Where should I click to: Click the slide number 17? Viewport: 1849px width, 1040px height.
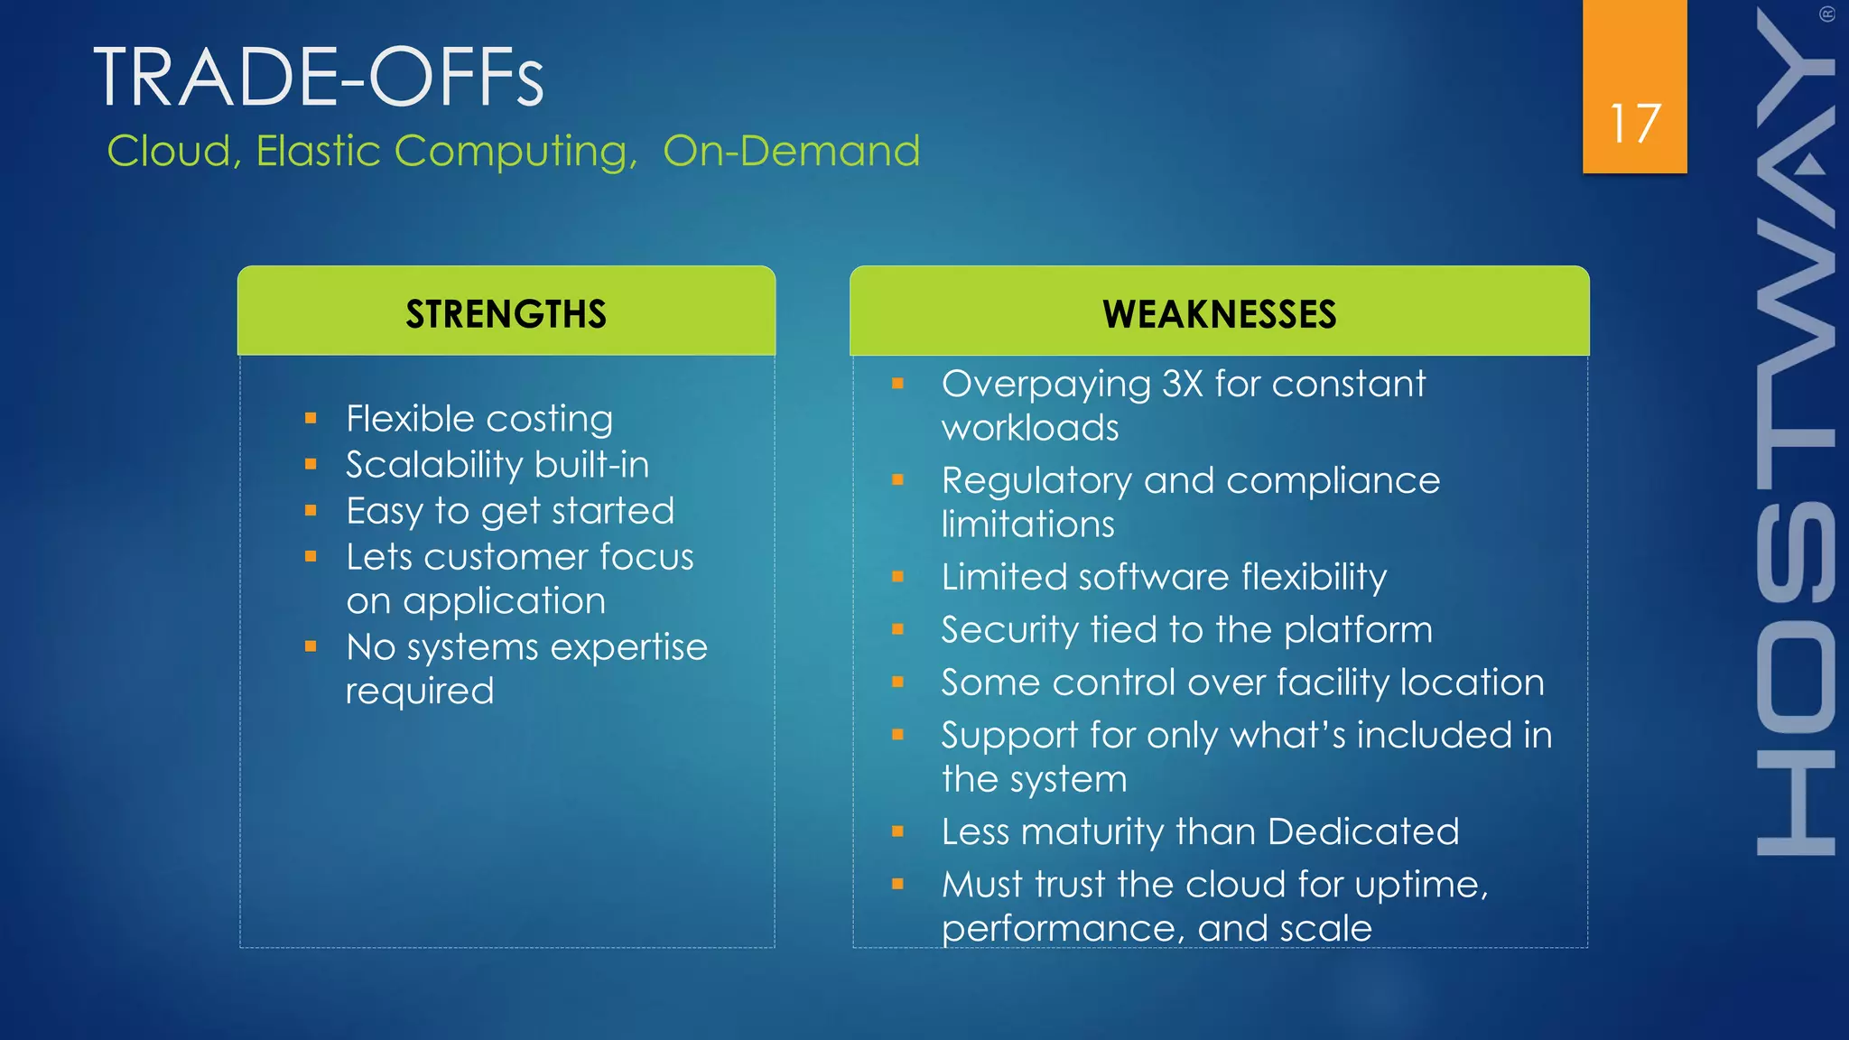tap(1634, 124)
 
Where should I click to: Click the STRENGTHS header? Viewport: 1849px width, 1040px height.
tap(506, 314)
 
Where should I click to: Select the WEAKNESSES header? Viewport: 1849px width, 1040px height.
tap(1219, 314)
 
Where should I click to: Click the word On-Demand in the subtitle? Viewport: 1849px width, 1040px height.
tap(791, 151)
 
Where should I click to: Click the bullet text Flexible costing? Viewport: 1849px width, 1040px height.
tap(479, 420)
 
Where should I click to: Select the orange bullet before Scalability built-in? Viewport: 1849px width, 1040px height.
tap(311, 465)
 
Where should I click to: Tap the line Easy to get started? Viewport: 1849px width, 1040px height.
tap(510, 512)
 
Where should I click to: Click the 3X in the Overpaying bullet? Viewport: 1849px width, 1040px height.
tap(1182, 385)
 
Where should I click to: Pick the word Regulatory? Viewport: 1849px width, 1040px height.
tap(1036, 481)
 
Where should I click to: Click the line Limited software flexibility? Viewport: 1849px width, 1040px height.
tap(1163, 578)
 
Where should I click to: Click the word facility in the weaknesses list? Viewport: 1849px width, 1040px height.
tap(1333, 683)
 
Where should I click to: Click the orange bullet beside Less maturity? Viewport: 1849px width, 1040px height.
tap(897, 832)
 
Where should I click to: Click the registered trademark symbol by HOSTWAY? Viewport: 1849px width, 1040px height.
tap(1826, 14)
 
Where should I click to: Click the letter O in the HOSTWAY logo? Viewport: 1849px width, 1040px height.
tap(1796, 685)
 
